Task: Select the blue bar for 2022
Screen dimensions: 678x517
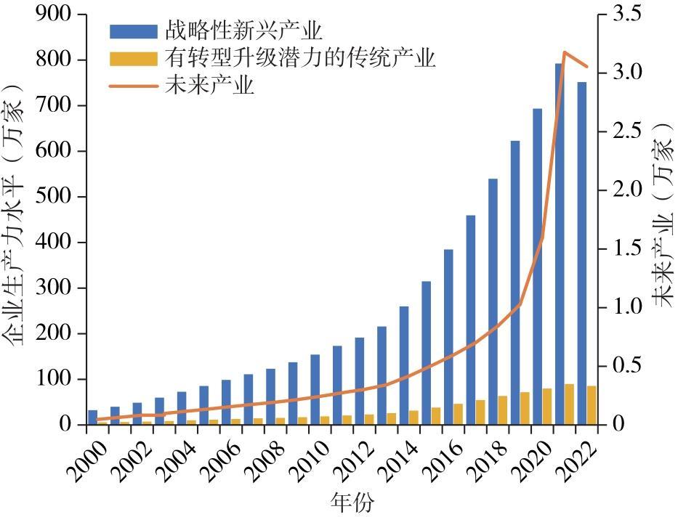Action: [x=582, y=253]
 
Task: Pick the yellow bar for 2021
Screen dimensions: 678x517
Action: [x=570, y=404]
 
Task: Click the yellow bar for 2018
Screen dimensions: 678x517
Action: [x=503, y=410]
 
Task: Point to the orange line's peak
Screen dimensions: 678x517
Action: [x=565, y=52]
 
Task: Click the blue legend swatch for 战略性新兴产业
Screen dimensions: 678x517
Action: [x=133, y=31]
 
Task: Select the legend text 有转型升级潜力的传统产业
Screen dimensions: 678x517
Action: [x=299, y=58]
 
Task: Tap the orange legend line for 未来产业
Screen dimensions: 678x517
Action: [x=133, y=86]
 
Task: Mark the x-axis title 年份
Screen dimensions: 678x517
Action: [x=352, y=502]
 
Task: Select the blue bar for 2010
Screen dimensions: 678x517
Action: [x=315, y=390]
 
